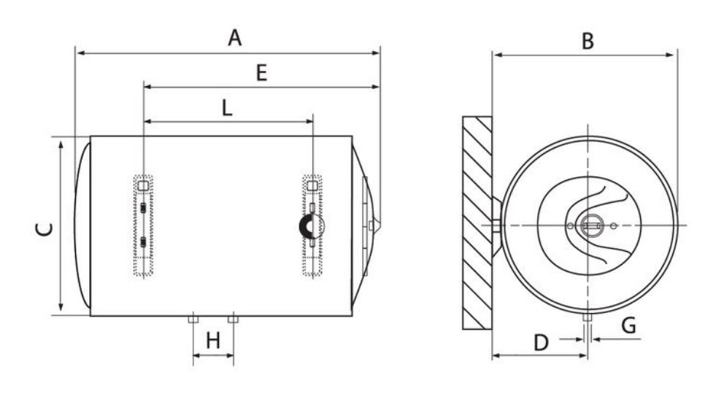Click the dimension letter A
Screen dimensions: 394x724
point(234,37)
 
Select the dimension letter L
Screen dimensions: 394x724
point(227,108)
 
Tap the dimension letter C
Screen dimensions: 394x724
point(45,228)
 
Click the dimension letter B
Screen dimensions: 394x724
point(587,41)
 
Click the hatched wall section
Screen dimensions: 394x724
point(477,223)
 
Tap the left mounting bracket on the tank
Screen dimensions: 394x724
point(144,226)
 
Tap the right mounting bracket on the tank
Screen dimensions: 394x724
point(312,226)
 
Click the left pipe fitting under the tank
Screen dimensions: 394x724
point(193,320)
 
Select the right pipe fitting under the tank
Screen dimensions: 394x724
point(233,320)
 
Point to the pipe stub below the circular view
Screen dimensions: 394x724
point(587,320)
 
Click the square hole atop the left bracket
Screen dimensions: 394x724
point(144,186)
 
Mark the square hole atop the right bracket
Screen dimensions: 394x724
point(312,186)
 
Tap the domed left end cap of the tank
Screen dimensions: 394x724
point(82,226)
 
